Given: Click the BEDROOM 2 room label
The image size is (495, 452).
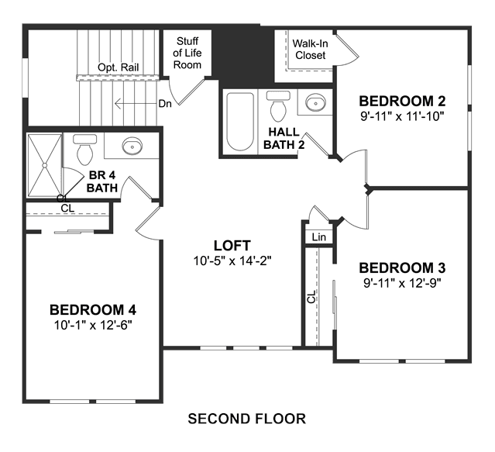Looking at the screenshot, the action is (x=402, y=101).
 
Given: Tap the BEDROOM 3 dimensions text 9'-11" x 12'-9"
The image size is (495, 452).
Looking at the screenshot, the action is (x=402, y=283).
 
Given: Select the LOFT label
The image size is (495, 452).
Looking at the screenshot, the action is (x=232, y=246).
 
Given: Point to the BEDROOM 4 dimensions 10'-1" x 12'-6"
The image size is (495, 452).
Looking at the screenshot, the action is (x=93, y=325).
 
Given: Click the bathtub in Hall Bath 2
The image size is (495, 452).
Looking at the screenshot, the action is (x=240, y=122).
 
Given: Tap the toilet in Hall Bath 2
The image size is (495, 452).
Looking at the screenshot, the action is (x=278, y=106).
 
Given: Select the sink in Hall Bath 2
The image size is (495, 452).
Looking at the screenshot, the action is (x=315, y=102).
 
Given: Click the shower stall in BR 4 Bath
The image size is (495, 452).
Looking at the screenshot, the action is (x=44, y=165).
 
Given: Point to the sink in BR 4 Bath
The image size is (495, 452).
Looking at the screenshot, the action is (x=132, y=146).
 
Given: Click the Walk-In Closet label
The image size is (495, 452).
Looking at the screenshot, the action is (x=311, y=50).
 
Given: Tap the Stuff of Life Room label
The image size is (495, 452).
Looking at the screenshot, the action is (x=187, y=53).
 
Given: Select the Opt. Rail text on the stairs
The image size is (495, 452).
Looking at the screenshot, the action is (x=118, y=67).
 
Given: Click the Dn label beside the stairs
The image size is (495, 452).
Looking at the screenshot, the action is (x=165, y=104).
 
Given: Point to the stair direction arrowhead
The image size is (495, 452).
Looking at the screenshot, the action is (x=118, y=104).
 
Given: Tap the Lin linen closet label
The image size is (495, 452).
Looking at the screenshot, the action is (x=318, y=237).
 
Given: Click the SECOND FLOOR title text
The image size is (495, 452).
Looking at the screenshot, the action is (x=247, y=419).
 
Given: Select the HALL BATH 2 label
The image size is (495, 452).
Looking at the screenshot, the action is (x=284, y=138).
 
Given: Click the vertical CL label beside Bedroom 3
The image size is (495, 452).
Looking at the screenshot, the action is (x=311, y=297).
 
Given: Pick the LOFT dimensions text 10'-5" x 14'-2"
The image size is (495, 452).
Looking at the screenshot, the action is (x=232, y=261).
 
